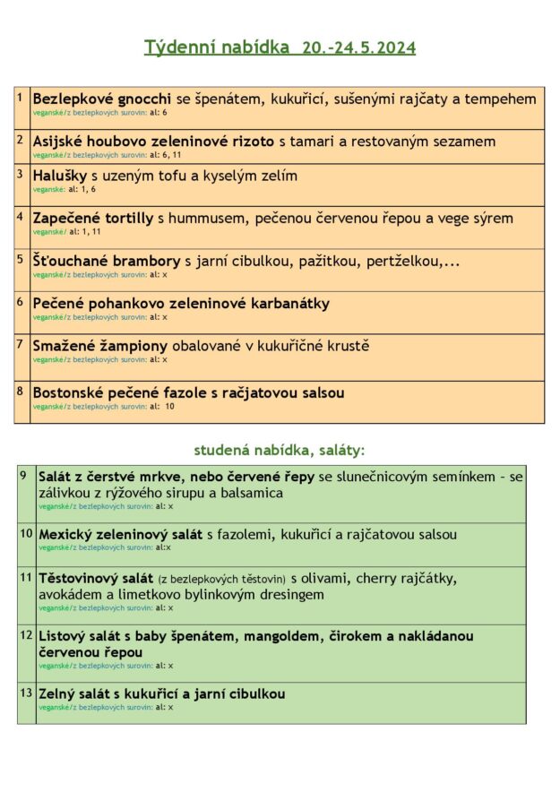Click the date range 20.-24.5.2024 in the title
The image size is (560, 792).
point(358,47)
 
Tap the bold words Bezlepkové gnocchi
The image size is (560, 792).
point(102,99)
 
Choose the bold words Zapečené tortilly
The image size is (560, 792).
point(93,218)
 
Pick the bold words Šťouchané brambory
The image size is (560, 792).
point(107,261)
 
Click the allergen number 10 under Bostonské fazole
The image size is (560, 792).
point(169,407)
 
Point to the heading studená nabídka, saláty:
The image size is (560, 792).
point(280,450)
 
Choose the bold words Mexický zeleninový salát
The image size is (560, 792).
point(121,535)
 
